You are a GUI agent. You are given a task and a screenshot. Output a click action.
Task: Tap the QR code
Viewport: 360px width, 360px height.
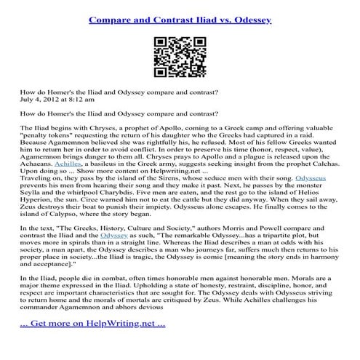(x=180, y=52)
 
